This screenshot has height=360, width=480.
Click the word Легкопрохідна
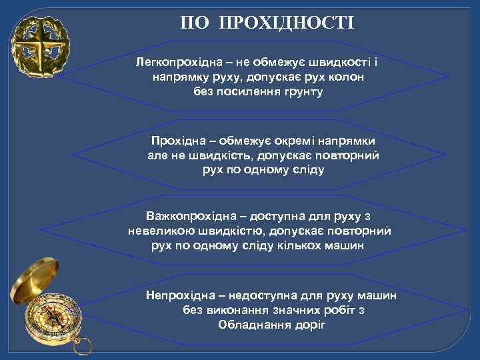tap(176, 63)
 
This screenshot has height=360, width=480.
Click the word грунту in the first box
tap(303, 92)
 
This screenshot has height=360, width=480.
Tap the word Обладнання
tap(255, 325)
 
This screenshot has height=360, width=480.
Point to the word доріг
tap(311, 325)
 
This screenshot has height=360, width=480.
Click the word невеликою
tap(162, 231)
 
